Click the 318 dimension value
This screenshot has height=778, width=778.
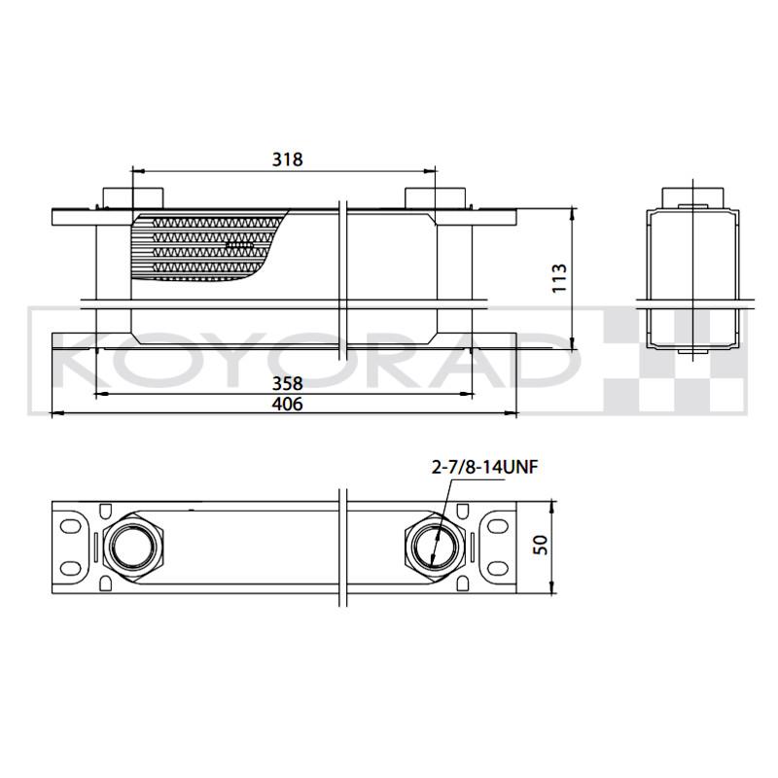(287, 159)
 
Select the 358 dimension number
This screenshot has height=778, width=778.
(287, 383)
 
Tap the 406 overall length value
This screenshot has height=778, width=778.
(287, 404)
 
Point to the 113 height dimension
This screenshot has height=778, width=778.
(559, 278)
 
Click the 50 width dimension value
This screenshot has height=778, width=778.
(541, 545)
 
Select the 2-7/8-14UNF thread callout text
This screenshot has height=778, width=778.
(484, 468)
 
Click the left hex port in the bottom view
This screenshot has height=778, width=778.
(133, 546)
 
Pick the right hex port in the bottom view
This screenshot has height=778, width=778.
(435, 546)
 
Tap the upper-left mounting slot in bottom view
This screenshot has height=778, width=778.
(70, 527)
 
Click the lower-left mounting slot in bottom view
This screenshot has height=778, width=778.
(70, 568)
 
